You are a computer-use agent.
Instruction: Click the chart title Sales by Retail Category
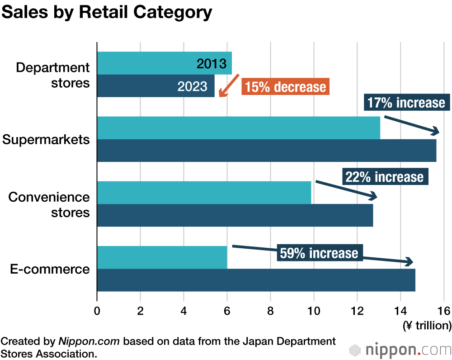coord(107,12)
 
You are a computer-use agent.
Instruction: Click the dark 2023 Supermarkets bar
coord(267,151)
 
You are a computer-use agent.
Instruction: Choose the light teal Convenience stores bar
coord(204,193)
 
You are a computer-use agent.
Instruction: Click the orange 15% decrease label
coord(285,87)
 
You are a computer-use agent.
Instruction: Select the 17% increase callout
coord(406,103)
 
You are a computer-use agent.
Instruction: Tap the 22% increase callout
coord(385,177)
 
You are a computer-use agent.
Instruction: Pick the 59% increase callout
coord(319,253)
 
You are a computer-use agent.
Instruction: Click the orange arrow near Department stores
coord(229,85)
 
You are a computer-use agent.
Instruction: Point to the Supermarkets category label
coord(46,139)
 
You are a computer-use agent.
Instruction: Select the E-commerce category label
coord(50,270)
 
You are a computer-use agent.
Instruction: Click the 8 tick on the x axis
coord(270,311)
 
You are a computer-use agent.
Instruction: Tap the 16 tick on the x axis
coord(444,311)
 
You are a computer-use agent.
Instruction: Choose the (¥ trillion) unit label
coord(427,325)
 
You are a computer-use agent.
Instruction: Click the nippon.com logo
coord(400,350)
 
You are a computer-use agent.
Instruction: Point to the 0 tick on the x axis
coord(97,311)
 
